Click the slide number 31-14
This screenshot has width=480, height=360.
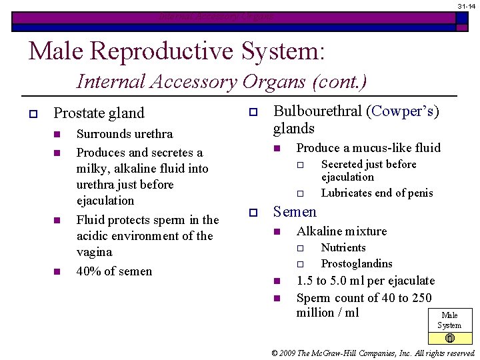[x=465, y=5]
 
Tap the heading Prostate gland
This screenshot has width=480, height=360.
[x=99, y=113]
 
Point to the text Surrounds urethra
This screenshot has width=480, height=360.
[x=125, y=134]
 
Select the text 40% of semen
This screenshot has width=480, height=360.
[x=114, y=271]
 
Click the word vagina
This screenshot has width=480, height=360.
[x=95, y=252]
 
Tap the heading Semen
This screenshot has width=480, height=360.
[x=295, y=212]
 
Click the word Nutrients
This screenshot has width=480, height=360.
[x=343, y=247]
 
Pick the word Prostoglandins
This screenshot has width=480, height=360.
[x=357, y=263]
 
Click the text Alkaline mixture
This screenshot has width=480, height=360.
[x=341, y=231]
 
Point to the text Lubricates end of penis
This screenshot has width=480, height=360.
[x=377, y=193]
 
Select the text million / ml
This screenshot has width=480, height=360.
[x=327, y=313]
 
